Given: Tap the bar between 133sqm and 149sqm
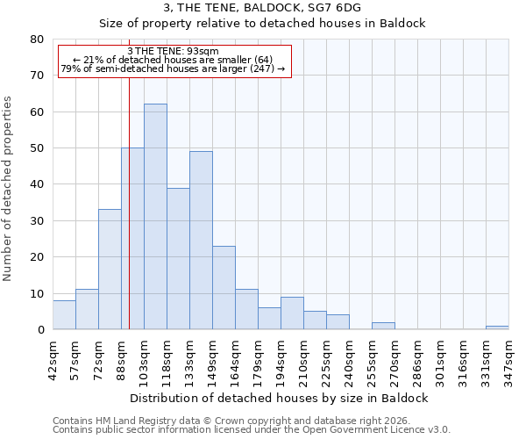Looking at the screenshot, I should (x=201, y=241).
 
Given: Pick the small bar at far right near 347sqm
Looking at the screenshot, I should (x=497, y=327).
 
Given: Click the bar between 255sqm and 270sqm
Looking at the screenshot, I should (x=383, y=326).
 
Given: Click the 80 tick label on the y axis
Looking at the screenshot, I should (x=38, y=40).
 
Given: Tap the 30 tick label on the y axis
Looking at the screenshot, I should (x=38, y=221).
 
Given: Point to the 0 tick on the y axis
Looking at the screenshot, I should (x=41, y=330).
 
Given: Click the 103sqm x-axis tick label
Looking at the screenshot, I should (x=144, y=357).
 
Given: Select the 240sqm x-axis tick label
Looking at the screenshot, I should (x=349, y=357).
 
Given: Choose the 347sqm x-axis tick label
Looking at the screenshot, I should (x=508, y=357).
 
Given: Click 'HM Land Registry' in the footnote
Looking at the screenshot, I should (x=129, y=421).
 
